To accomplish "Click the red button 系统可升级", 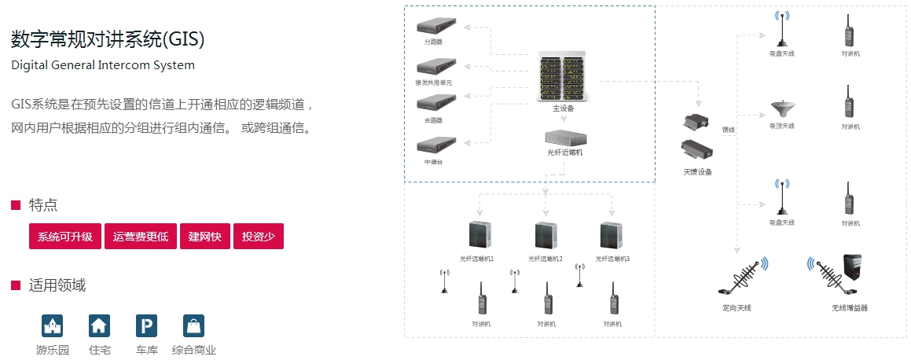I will (x=65, y=237).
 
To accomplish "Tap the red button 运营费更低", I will (x=141, y=237).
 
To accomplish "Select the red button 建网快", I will (x=205, y=237).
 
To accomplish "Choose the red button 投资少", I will (x=259, y=237).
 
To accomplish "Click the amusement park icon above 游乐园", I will (x=52, y=325).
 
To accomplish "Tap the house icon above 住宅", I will (x=100, y=325).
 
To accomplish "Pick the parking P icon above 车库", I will (x=146, y=325).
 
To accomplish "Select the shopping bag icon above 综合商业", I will (x=193, y=325).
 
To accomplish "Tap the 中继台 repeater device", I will (x=435, y=146).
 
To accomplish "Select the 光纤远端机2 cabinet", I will (x=545, y=236).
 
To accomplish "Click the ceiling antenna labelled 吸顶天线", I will (x=781, y=108).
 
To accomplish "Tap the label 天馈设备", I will (x=697, y=172).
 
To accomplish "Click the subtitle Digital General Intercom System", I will (x=103, y=65).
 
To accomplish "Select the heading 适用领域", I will (x=57, y=285).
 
